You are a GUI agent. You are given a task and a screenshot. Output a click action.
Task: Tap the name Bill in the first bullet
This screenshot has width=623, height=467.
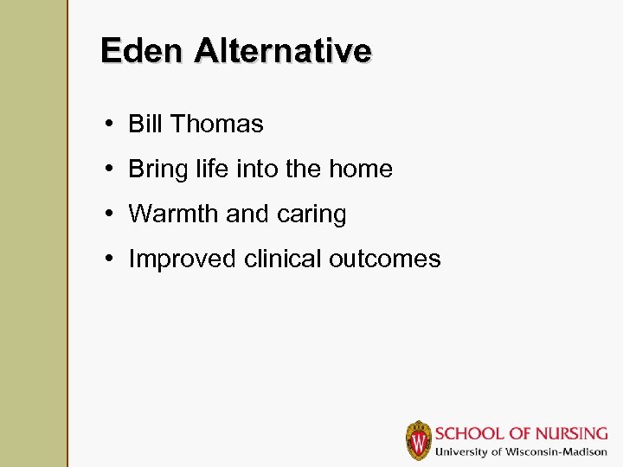(145, 124)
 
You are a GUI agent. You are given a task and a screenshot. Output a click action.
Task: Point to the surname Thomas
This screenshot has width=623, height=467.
(216, 124)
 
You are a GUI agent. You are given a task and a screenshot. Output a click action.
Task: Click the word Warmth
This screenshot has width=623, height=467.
(173, 214)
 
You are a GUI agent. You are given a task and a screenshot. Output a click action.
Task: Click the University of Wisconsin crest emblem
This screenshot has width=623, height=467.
(419, 440)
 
